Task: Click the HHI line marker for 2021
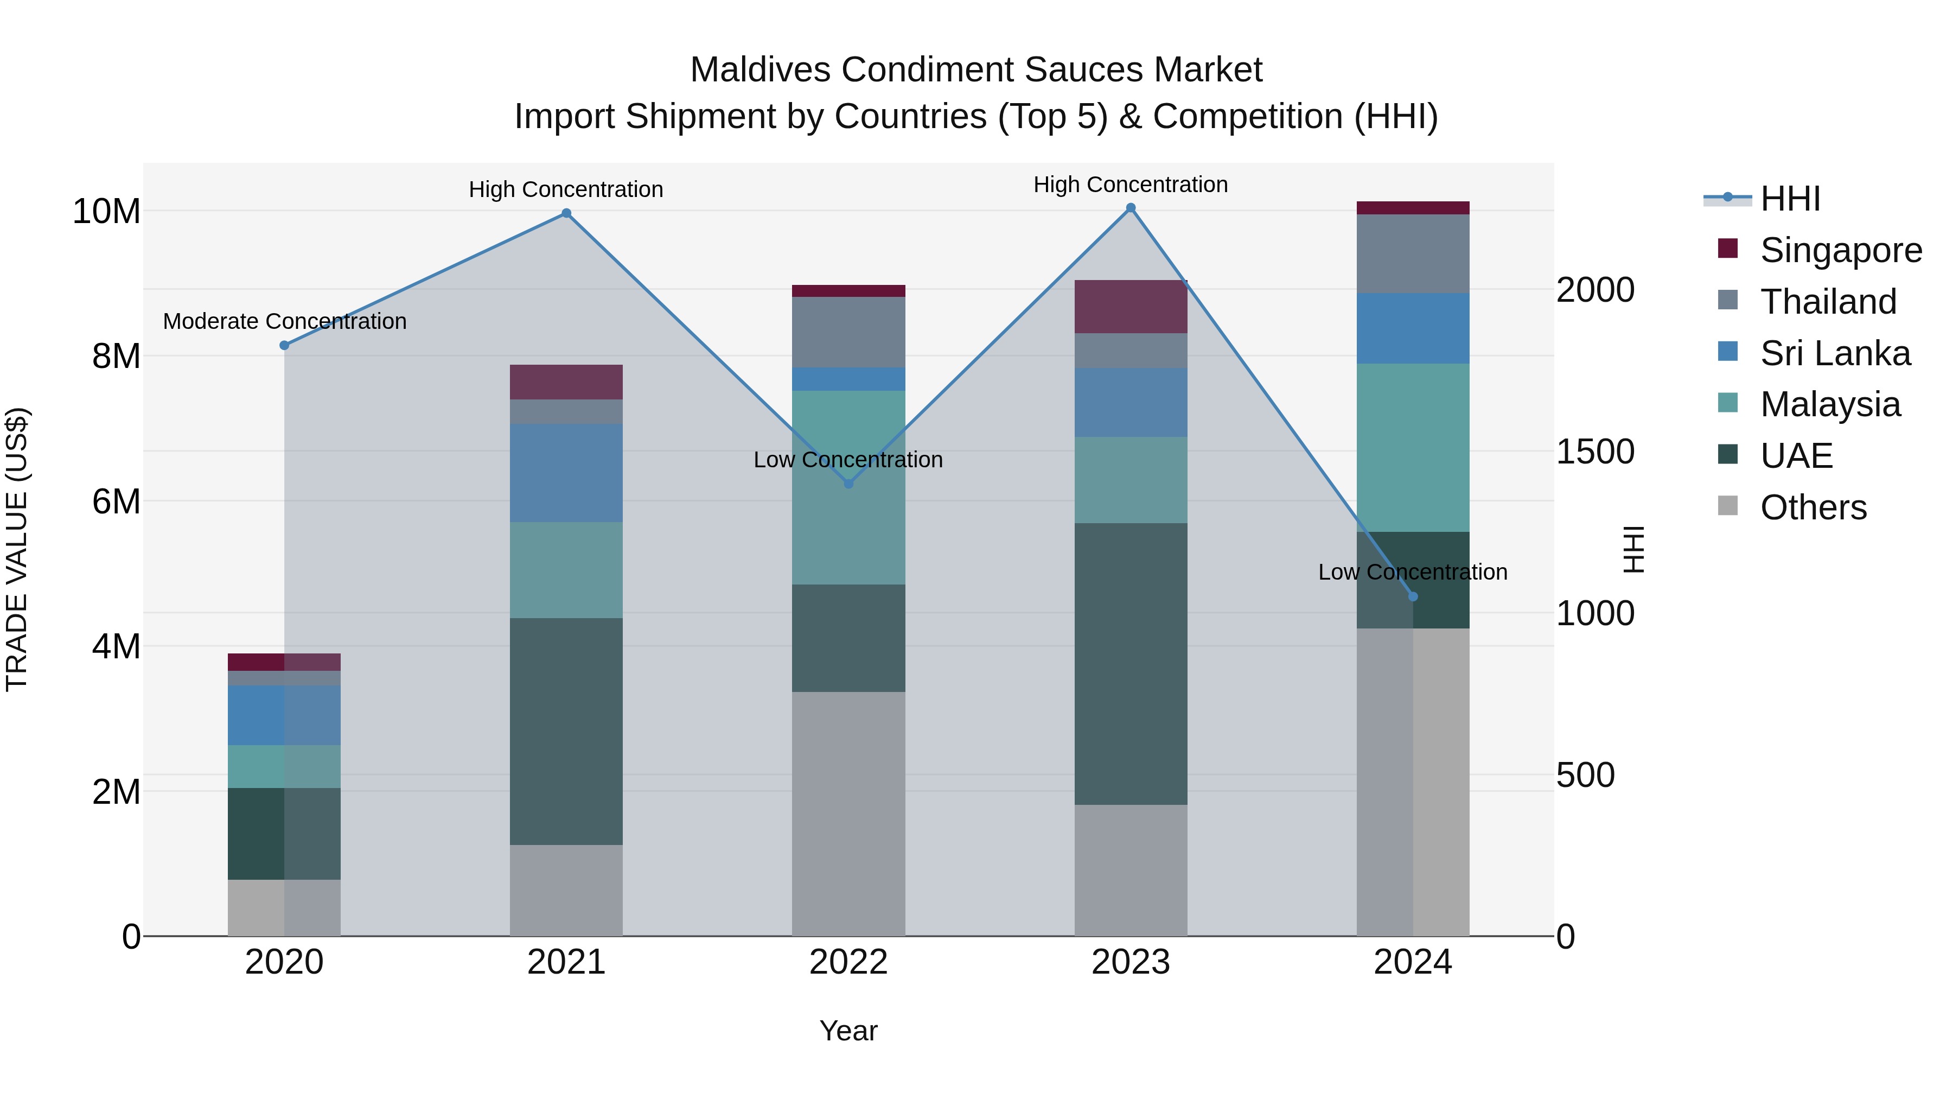pos(566,213)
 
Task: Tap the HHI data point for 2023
pos(1131,208)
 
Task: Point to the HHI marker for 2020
pos(284,345)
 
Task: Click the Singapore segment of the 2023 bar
pos(1131,307)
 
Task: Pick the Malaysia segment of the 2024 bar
pos(1413,448)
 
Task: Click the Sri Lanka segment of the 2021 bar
pos(566,473)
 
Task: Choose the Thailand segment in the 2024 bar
pos(1413,253)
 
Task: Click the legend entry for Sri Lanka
pos(1834,353)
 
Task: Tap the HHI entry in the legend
pos(1789,199)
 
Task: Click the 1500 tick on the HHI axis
pos(1594,452)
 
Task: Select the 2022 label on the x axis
pos(848,962)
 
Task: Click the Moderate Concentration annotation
pos(284,322)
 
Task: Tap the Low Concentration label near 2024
pos(1413,572)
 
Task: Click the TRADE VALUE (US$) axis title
pos(17,549)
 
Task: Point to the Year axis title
pos(848,1031)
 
